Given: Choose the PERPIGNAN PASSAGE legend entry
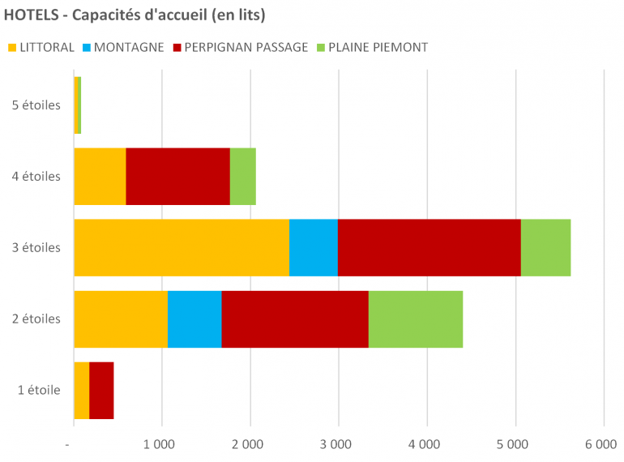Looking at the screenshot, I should pos(246,47).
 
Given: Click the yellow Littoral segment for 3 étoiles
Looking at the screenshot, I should pos(182,247).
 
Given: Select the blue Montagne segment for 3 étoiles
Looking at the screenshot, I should pos(314,247).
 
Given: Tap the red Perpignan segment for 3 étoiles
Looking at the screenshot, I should pos(429,247).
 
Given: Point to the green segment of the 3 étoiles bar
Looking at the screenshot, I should pos(545,247).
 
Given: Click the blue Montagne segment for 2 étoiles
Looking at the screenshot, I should pos(194,319).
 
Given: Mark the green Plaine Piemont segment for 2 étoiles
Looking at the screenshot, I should pos(416,319).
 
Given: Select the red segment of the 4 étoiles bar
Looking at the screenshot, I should pos(177,176).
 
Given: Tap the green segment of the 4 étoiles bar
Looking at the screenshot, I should pos(242,176).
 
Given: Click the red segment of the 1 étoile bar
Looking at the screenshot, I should pos(101,390).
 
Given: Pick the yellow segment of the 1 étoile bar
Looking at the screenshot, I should pos(81,390).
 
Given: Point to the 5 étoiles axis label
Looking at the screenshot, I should pos(36,105).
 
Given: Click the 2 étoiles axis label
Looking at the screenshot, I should pos(36,319).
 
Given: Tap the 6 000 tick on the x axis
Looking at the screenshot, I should pos(601,443).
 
